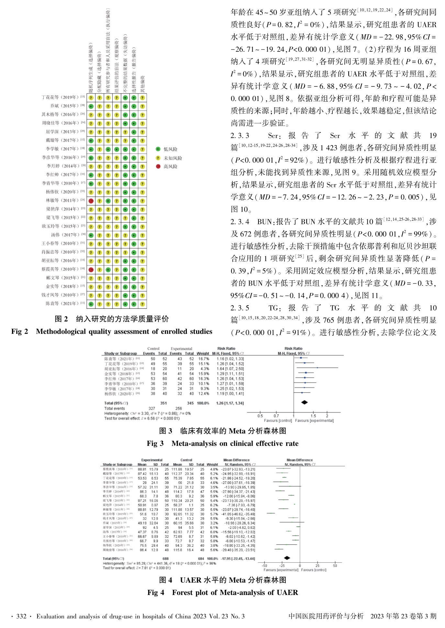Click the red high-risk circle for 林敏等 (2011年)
[91, 201]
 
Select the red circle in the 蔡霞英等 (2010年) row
[91, 270]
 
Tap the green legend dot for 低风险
[158, 149]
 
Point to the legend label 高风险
[170, 167]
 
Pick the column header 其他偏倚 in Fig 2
[142, 84]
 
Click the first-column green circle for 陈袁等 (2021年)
[91, 304]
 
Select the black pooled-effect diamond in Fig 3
[304, 402]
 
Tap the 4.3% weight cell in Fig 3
[205, 369]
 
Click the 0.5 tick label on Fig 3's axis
[260, 416]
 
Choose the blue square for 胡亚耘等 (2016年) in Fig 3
[317, 368]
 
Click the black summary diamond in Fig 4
[287, 558]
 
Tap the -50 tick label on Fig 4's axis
[264, 566]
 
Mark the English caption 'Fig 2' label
[20, 331]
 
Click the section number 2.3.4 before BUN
[240, 222]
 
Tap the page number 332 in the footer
[21, 616]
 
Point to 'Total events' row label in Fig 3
[114, 409]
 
